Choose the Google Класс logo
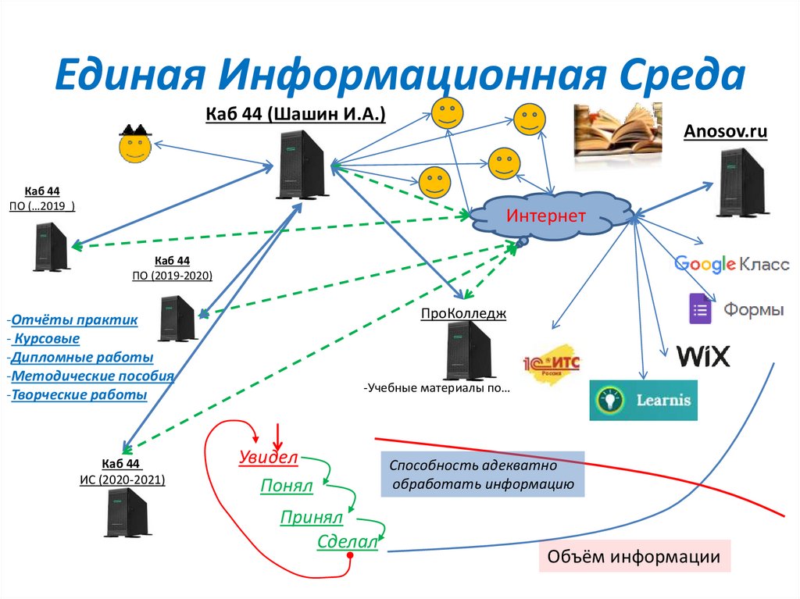[x=731, y=264]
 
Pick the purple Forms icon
[x=701, y=308]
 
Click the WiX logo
[x=703, y=357]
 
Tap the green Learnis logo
[x=643, y=400]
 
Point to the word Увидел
[x=268, y=458]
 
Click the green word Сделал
[x=348, y=543]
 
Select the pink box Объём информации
[x=634, y=557]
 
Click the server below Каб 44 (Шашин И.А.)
[x=302, y=163]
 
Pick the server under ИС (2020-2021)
[x=127, y=512]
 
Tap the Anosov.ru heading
[x=725, y=132]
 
